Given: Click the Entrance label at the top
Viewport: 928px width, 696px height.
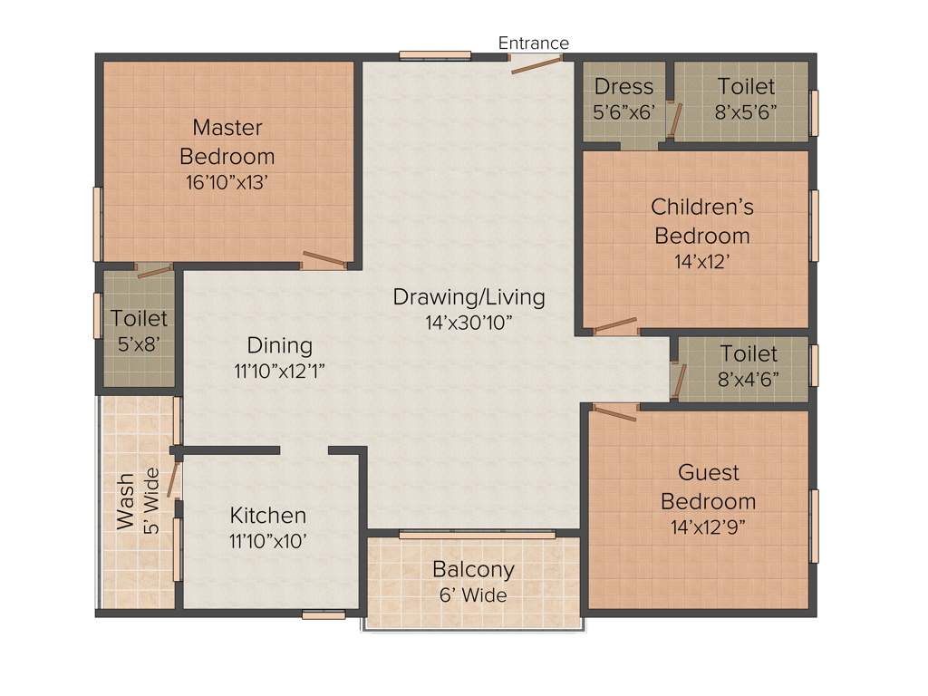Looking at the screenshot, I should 534,43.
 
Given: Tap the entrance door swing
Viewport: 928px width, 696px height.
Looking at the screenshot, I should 536,64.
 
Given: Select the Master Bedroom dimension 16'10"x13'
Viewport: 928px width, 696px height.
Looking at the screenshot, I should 227,181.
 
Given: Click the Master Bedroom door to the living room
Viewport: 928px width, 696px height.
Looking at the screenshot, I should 324,261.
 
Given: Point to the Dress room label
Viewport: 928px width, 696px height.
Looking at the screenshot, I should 623,86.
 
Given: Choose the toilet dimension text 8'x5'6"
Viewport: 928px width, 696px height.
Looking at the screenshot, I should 746,112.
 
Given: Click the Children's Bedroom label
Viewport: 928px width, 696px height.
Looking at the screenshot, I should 702,207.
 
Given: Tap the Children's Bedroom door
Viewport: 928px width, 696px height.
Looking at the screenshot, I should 614,325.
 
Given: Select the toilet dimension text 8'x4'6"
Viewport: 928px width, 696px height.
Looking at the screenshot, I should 749,379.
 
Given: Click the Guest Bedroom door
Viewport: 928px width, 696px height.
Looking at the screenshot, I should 614,412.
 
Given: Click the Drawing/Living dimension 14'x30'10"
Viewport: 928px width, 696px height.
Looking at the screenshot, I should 469,322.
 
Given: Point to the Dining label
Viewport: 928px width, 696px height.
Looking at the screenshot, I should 280,345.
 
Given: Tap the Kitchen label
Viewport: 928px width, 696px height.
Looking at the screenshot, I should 267,516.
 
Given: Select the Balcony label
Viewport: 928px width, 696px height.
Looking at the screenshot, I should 473,569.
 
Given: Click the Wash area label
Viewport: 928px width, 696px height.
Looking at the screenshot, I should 125,501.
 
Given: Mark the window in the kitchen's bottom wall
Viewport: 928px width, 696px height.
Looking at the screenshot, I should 324,614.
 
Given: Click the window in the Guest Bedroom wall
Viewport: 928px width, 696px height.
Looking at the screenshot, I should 814,526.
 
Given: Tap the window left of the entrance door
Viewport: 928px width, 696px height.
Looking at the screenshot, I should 435,55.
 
